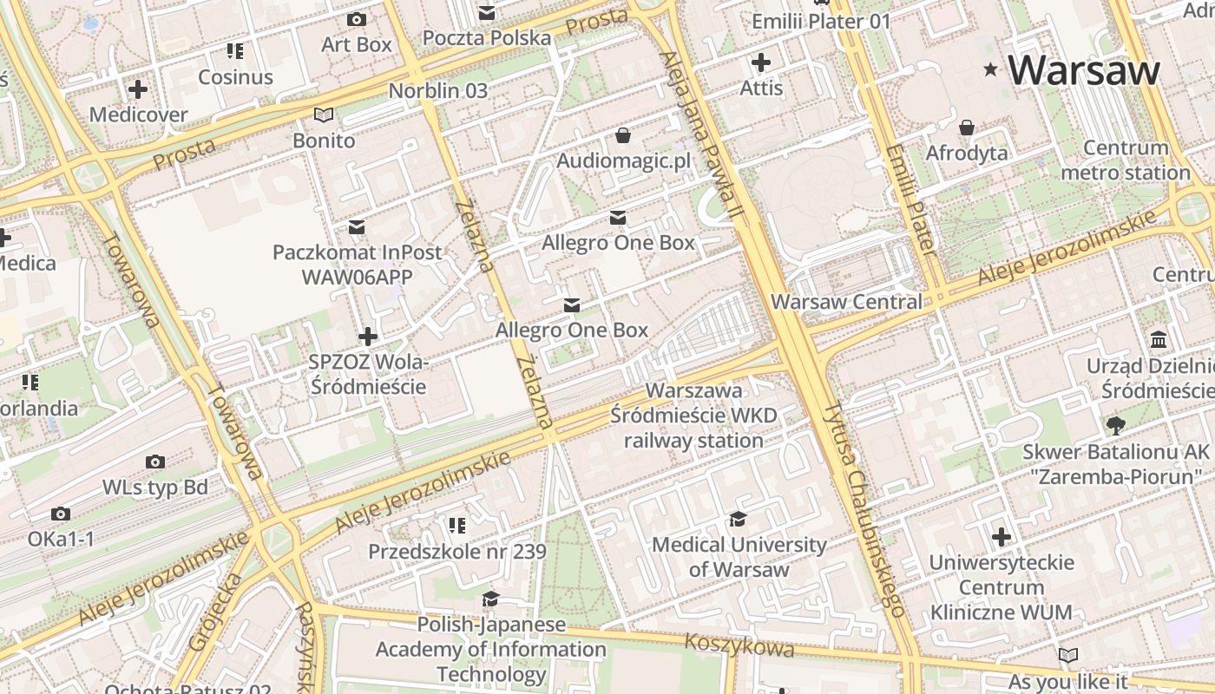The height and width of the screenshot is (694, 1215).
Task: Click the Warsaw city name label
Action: pos(1083,69)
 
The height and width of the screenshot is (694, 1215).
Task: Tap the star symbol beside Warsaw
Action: pos(990,69)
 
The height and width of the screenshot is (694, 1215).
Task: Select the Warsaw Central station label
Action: pos(846,302)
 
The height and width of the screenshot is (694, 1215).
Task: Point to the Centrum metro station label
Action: pos(1125,160)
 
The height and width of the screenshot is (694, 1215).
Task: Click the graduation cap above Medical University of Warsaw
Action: pos(738,519)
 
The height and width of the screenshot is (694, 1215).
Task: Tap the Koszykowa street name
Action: pos(739,645)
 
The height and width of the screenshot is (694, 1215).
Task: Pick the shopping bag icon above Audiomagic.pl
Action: pos(622,135)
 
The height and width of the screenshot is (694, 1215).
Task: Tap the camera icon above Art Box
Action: pos(356,19)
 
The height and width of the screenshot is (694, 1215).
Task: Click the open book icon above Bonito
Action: pos(323,115)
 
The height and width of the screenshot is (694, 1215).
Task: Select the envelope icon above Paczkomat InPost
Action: pos(356,227)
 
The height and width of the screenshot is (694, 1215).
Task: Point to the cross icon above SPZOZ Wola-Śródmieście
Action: pos(368,336)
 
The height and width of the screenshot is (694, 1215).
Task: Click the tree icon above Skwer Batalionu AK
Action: pos(1115,425)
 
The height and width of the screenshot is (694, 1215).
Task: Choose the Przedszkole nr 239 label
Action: pos(456,552)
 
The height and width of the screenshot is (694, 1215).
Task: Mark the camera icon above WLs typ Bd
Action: pos(155,462)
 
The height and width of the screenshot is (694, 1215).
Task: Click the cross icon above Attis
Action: pos(761,62)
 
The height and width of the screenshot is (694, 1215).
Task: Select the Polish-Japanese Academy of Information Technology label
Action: pos(490,649)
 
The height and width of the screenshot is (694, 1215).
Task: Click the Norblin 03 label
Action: pos(437,90)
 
